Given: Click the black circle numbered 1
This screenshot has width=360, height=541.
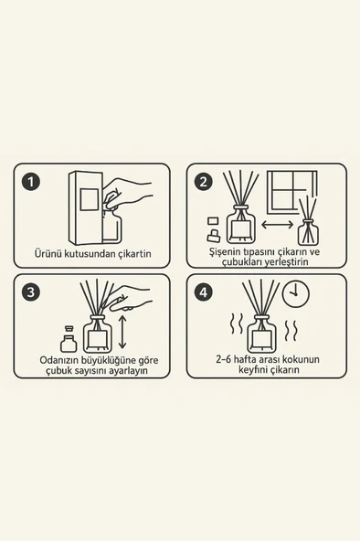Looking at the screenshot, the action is pos(31,182).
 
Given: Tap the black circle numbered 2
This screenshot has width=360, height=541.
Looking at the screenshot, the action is pos(204,182).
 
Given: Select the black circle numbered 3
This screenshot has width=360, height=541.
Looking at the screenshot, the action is pos(31,292).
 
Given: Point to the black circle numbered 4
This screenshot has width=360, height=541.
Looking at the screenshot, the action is pos(204,292).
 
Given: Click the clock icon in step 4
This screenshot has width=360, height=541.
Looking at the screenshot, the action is pos(296,293).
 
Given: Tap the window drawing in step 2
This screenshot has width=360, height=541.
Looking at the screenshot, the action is pos(292,190).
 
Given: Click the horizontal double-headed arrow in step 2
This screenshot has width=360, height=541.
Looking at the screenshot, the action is pos(277,225).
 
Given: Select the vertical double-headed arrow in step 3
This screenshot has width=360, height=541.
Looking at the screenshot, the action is pos(122,331).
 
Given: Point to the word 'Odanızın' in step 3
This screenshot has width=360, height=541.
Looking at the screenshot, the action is pos(59,360).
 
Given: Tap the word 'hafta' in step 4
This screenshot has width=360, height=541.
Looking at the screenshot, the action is pos(246,359).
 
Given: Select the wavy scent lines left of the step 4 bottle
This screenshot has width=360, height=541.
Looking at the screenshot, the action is pos(237,324).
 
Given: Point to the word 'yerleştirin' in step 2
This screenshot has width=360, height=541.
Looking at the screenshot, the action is pos(285,262).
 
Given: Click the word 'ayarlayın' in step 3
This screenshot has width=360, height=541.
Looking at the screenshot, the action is pos(129,371).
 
